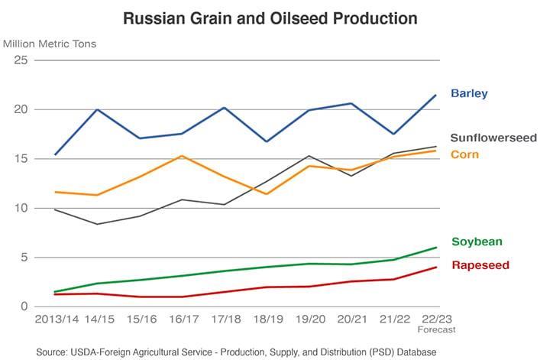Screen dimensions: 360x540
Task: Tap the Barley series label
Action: coord(469,93)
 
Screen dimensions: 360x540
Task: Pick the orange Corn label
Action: coord(465,154)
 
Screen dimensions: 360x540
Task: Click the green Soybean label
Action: coord(476,242)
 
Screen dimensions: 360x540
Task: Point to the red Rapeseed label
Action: coord(480,265)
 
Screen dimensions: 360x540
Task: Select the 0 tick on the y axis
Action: coord(23,306)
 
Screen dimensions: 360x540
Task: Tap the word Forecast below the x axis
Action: coord(435,331)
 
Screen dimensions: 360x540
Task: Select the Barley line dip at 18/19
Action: coord(266,141)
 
